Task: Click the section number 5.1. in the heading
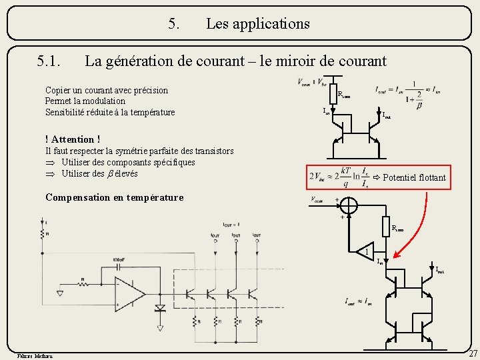point(49,62)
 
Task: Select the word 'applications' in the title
point(258,24)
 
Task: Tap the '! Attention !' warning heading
point(73,139)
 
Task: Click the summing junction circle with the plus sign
point(349,206)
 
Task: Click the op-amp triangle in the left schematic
point(130,293)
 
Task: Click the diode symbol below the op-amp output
point(160,309)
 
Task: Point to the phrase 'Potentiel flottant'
point(414,177)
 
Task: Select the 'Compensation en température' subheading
point(114,197)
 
